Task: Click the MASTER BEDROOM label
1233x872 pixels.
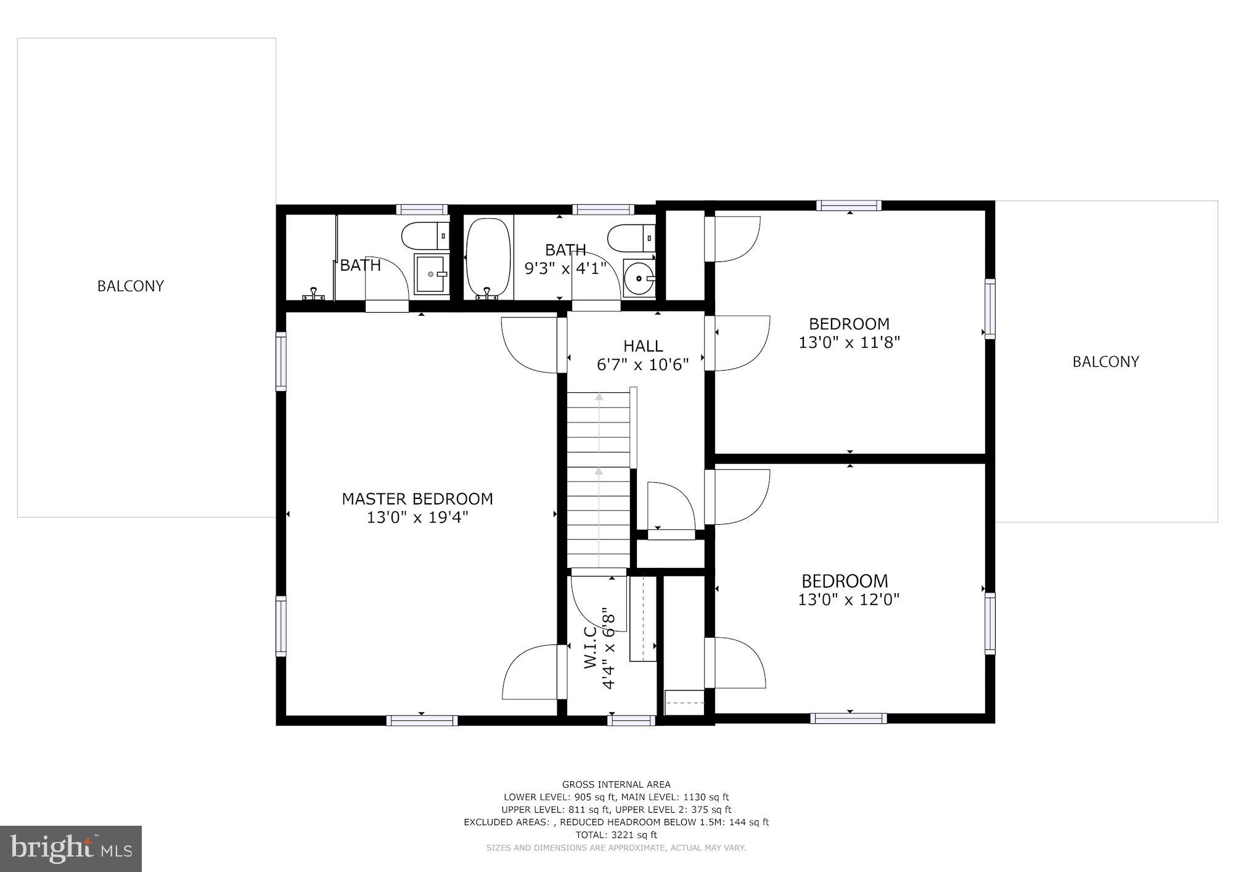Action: click(417, 499)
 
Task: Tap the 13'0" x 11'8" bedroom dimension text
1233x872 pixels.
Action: click(850, 342)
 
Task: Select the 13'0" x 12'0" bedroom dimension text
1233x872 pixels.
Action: click(849, 599)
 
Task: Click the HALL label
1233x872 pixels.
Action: click(643, 346)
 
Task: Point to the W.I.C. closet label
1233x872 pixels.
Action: click(590, 647)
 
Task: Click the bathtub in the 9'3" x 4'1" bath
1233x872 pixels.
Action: click(488, 258)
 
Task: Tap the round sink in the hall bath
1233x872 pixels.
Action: click(639, 279)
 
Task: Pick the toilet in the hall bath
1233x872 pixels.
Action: click(630, 236)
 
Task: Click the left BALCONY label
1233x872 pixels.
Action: click(131, 286)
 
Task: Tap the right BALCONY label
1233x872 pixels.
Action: click(1105, 362)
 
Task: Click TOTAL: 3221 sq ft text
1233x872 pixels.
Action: click(616, 835)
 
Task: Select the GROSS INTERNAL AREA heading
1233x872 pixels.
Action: click(616, 784)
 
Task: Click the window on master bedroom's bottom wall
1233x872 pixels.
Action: click(422, 720)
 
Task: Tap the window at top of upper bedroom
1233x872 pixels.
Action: click(849, 206)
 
